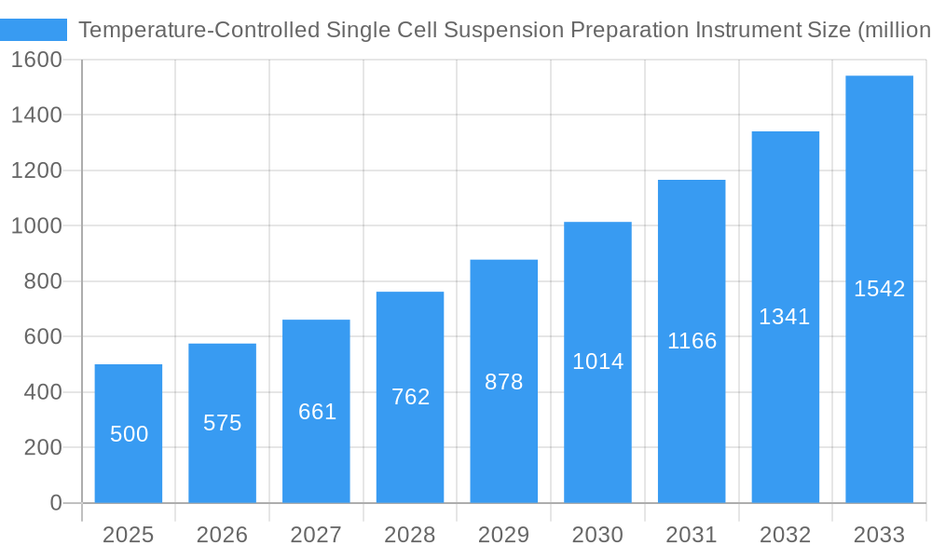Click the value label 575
click(x=223, y=423)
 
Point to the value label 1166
click(x=692, y=341)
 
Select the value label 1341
click(x=785, y=317)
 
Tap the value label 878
click(x=504, y=382)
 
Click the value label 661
click(x=317, y=412)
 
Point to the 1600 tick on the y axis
click(x=36, y=60)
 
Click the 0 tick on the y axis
click(x=55, y=503)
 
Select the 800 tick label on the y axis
click(x=43, y=281)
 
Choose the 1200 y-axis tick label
click(x=36, y=170)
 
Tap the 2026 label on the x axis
click(x=223, y=535)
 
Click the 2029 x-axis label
click(x=504, y=535)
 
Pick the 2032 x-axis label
click(x=785, y=535)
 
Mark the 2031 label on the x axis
click(x=692, y=535)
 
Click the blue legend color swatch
click(x=34, y=30)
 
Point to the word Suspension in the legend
click(x=503, y=30)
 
